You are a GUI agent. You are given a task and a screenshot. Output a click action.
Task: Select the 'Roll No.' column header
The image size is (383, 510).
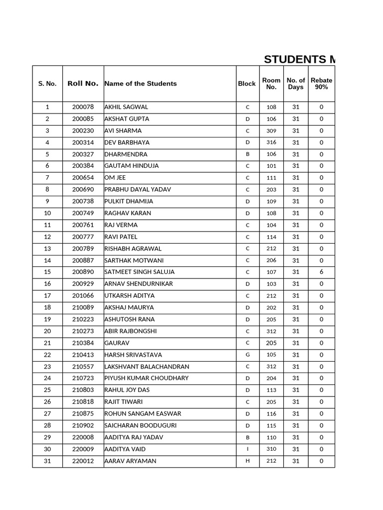tap(83, 84)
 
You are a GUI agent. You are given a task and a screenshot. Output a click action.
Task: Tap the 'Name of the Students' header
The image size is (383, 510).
tap(140, 84)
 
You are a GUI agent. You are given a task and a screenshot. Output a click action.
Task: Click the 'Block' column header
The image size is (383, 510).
tap(246, 84)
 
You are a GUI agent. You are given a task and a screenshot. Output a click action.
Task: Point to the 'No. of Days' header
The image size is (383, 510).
tap(296, 84)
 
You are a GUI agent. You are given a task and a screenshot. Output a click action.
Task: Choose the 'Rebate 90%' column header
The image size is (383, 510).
tap(321, 84)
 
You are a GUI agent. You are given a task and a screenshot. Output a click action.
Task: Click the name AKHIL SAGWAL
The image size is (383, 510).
tap(126, 107)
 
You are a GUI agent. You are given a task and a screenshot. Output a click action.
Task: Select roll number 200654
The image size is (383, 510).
tap(83, 178)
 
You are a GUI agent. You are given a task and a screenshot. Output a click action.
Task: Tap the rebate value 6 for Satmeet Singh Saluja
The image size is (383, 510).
tap(321, 272)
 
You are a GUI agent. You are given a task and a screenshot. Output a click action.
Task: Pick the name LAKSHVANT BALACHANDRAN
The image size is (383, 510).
tap(147, 367)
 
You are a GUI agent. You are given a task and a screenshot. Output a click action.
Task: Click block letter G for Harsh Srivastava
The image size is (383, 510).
tap(247, 355)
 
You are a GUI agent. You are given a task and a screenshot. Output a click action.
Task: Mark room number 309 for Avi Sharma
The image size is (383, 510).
tap(271, 130)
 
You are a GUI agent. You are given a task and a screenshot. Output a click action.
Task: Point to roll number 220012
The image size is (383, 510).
tap(83, 461)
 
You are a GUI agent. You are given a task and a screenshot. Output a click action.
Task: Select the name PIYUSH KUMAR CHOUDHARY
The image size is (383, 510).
tap(147, 378)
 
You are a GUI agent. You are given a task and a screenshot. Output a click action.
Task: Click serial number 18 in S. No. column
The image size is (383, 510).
tap(47, 308)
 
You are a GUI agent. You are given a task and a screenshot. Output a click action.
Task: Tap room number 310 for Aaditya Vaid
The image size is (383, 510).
tap(271, 449)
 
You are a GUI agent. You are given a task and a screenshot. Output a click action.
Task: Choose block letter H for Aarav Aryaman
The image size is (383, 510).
tap(247, 461)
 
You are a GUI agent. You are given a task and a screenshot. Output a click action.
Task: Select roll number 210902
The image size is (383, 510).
tap(83, 426)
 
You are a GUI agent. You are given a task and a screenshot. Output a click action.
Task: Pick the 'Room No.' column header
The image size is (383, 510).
tap(271, 84)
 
